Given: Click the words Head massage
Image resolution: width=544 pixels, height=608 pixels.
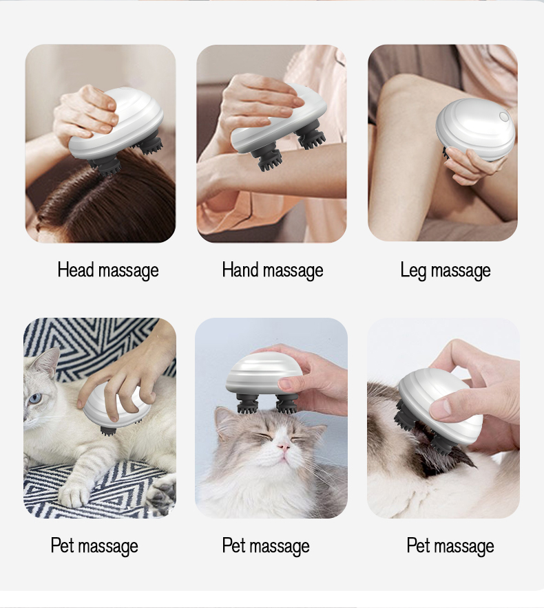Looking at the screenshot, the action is (108, 270).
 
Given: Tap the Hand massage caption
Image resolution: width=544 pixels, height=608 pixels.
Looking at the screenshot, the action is (273, 270).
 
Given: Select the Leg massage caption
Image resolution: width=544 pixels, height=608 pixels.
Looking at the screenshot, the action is (446, 270).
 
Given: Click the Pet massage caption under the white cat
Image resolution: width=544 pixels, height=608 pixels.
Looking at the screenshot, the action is (94, 545).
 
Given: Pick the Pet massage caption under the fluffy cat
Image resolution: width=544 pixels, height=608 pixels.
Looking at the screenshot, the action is (266, 545).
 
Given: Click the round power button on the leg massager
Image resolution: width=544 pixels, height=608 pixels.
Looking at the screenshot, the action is (503, 116).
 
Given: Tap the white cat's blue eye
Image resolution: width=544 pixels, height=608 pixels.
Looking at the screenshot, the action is (36, 398).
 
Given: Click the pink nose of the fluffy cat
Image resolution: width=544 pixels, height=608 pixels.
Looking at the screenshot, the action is (284, 447).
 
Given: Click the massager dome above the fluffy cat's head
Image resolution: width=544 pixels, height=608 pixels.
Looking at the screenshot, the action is (264, 374).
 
